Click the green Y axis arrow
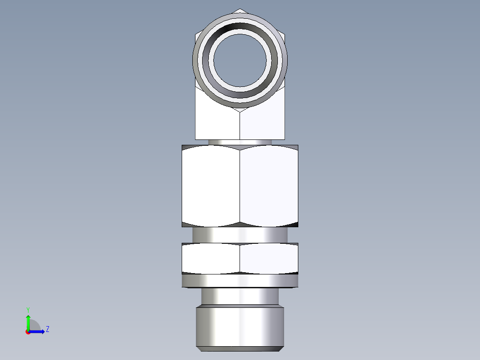[28, 321]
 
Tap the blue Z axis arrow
[38, 331]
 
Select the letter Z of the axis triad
[47, 329]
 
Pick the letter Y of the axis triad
[28, 309]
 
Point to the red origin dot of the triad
[28, 332]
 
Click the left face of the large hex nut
[211, 185]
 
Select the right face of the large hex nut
[269, 185]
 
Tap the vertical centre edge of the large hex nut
[240, 185]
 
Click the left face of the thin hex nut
[211, 258]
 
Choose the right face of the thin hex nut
[269, 258]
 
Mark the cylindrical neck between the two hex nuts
[240, 234]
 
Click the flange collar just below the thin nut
[240, 281]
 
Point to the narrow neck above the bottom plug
[240, 296]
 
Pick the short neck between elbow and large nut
[240, 142]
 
